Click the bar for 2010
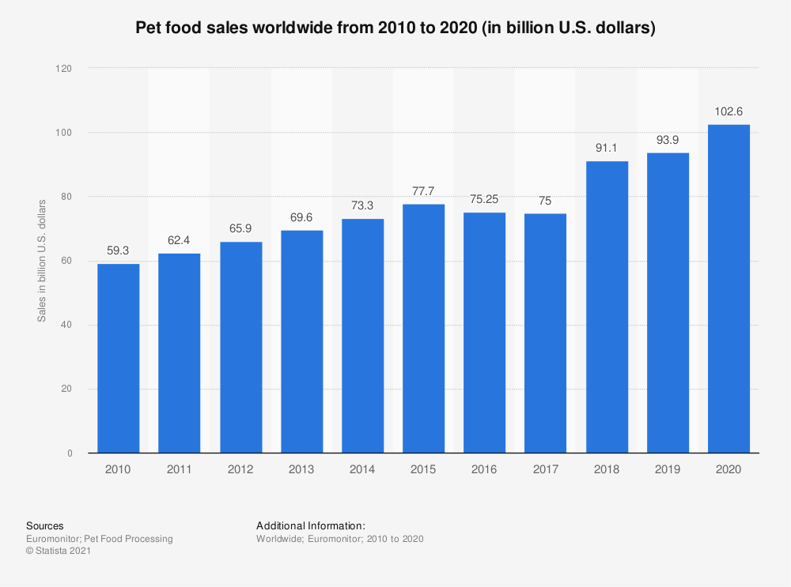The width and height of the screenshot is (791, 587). (x=118, y=358)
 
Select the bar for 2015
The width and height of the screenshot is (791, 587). (x=423, y=329)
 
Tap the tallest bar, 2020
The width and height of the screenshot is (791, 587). (x=729, y=288)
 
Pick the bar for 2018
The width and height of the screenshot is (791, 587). (x=607, y=307)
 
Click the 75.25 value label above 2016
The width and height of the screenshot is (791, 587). (x=484, y=200)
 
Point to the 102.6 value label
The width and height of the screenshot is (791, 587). (x=729, y=112)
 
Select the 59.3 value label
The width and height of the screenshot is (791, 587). (x=118, y=251)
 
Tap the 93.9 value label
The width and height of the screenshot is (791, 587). (x=668, y=140)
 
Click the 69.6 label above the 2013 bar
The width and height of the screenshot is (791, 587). (x=301, y=218)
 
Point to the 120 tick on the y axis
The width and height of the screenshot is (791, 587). (x=63, y=69)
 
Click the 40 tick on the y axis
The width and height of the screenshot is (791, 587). (x=66, y=325)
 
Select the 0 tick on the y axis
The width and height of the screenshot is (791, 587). (x=70, y=453)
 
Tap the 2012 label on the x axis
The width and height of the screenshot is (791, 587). (x=240, y=469)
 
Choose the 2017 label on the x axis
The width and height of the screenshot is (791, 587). (x=545, y=469)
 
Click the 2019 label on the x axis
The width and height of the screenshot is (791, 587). (x=668, y=469)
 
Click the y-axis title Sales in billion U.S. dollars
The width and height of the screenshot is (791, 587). (x=42, y=261)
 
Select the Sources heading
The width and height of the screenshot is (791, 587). (x=45, y=526)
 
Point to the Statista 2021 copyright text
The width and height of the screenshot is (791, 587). (x=59, y=551)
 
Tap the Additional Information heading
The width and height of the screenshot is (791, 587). (x=311, y=526)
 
